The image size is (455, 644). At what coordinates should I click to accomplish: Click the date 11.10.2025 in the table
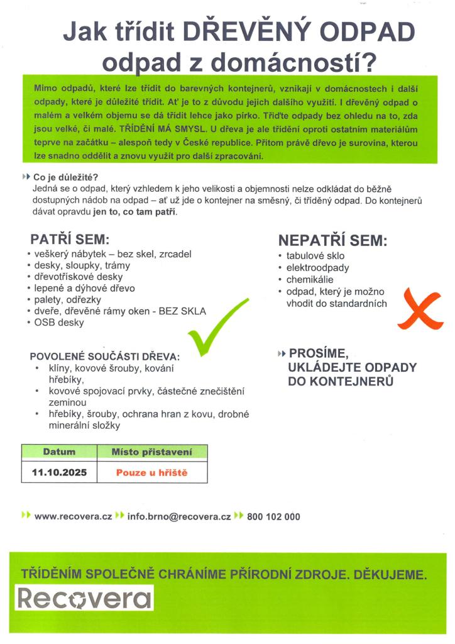click(x=60, y=472)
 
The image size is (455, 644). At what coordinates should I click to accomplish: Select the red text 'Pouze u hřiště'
click(x=151, y=472)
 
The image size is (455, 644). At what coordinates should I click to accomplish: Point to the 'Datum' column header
click(x=59, y=452)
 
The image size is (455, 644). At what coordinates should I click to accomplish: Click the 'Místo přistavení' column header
click(x=151, y=452)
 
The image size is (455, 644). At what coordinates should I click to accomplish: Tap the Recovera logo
click(x=84, y=598)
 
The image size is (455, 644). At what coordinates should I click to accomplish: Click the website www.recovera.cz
click(x=73, y=516)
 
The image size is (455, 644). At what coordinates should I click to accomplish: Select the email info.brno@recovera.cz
click(x=179, y=516)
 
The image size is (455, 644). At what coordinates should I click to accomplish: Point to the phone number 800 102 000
click(x=273, y=516)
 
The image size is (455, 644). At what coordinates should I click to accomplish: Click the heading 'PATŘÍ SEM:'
click(x=70, y=240)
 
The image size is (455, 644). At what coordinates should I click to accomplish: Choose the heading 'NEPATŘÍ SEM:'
click(x=332, y=241)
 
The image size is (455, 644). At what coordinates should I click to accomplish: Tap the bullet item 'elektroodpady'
click(x=318, y=267)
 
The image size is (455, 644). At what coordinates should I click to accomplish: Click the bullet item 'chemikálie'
click(x=310, y=279)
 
